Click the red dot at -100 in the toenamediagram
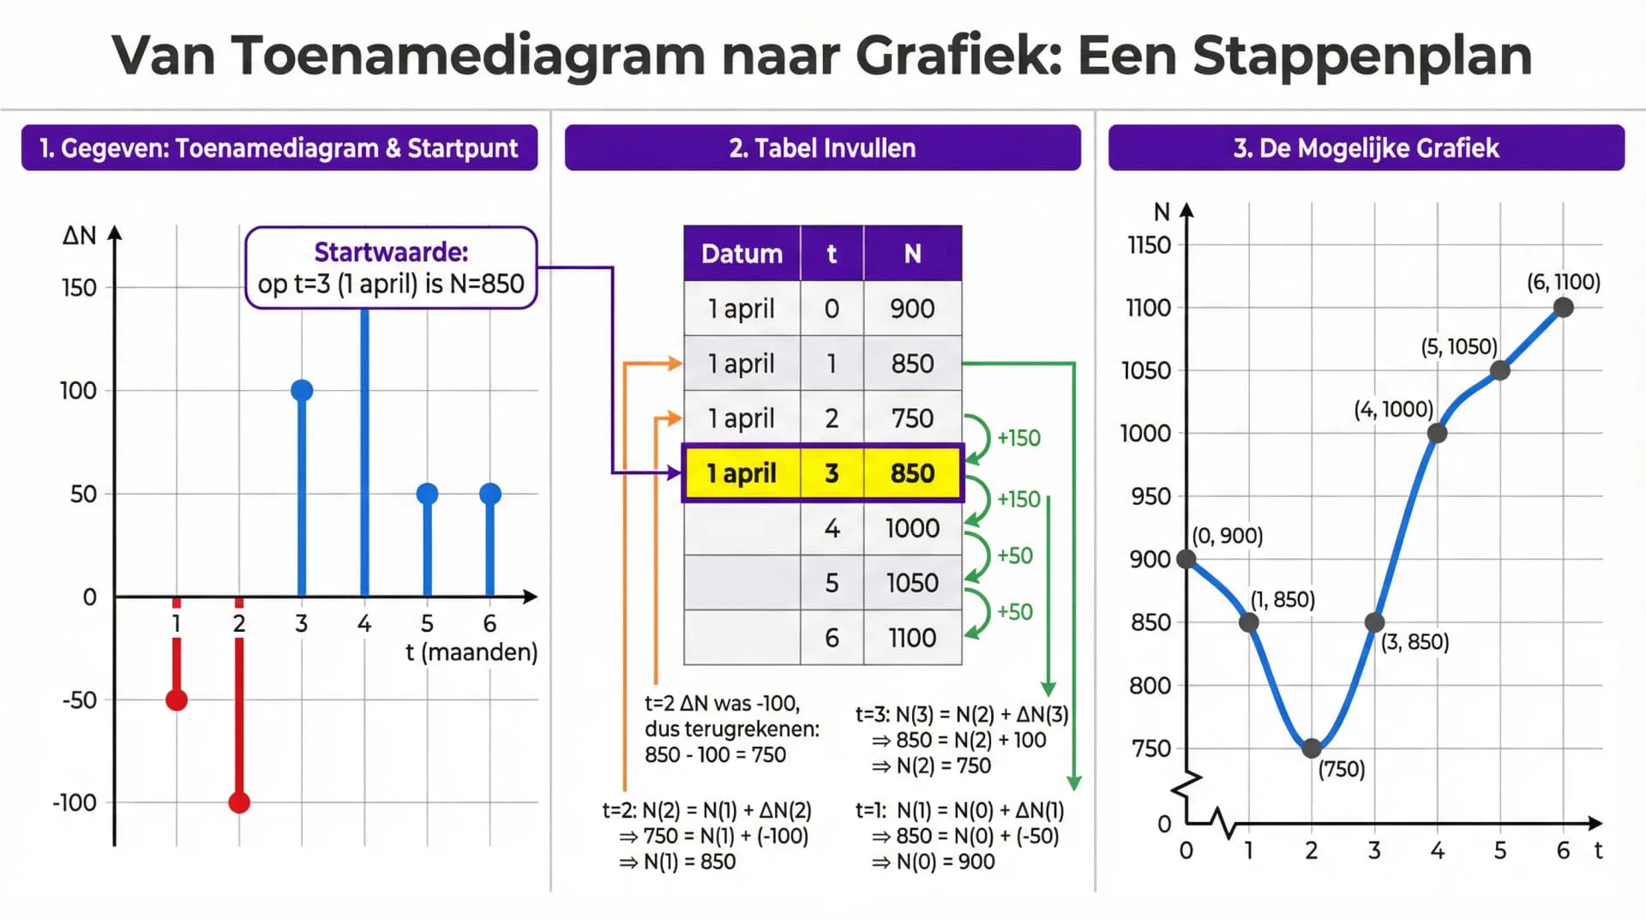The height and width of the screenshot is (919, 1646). click(x=239, y=802)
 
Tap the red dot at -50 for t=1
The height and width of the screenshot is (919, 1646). click(x=177, y=700)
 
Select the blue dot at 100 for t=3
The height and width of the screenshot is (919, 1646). click(x=302, y=391)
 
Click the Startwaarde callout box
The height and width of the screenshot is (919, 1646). click(x=391, y=267)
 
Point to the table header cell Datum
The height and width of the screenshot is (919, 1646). click(x=742, y=254)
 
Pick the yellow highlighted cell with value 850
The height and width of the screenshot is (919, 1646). click(x=912, y=473)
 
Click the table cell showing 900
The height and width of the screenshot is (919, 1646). click(x=912, y=309)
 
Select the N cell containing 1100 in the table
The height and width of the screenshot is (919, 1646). click(x=912, y=638)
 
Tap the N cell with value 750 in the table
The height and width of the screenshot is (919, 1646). click(x=912, y=418)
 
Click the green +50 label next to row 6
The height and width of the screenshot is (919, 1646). click(x=1015, y=612)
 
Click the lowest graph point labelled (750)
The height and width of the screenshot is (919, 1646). click(x=1312, y=748)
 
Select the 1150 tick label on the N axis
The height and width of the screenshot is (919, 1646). click(x=1149, y=245)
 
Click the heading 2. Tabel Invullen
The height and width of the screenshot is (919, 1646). click(x=822, y=148)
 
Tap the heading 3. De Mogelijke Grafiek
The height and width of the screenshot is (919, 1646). click(x=1366, y=148)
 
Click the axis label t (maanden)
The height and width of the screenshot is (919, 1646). click(x=471, y=652)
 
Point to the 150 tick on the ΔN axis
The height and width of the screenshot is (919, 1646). click(x=79, y=288)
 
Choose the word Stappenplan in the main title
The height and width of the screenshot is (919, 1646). click(x=1361, y=56)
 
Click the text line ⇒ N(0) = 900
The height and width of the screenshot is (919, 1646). click(x=934, y=862)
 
